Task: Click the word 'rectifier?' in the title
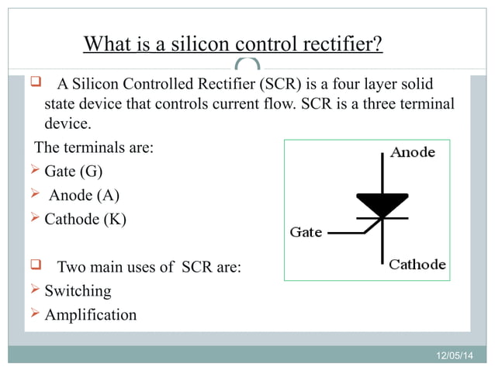(344, 43)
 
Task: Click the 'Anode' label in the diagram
(413, 153)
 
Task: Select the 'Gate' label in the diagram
(306, 232)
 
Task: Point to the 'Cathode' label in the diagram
(417, 264)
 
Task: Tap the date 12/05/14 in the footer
(452, 355)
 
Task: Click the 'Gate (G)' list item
(73, 170)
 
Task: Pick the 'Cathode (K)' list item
(85, 219)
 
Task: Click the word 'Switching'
(78, 291)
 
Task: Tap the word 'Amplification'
(90, 314)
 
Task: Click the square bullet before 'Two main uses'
(35, 266)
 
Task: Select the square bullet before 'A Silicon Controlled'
(35, 82)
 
